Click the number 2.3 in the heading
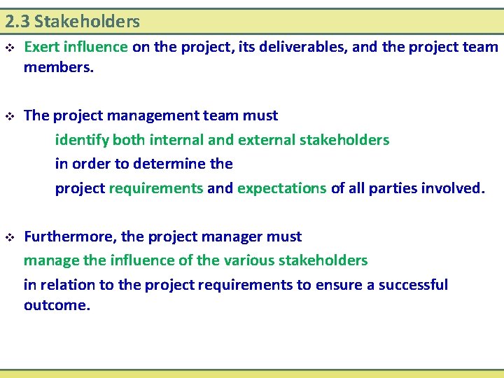pyautogui.click(x=17, y=22)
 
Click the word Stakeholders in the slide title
pyautogui.click(x=87, y=22)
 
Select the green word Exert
pyautogui.click(x=42, y=48)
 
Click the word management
pyautogui.click(x=152, y=115)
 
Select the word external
pyautogui.click(x=266, y=140)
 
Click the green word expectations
pyautogui.click(x=281, y=188)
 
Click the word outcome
pyautogui.click(x=57, y=305)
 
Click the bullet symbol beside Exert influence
pyautogui.click(x=9, y=48)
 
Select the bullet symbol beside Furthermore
pyautogui.click(x=9, y=237)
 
